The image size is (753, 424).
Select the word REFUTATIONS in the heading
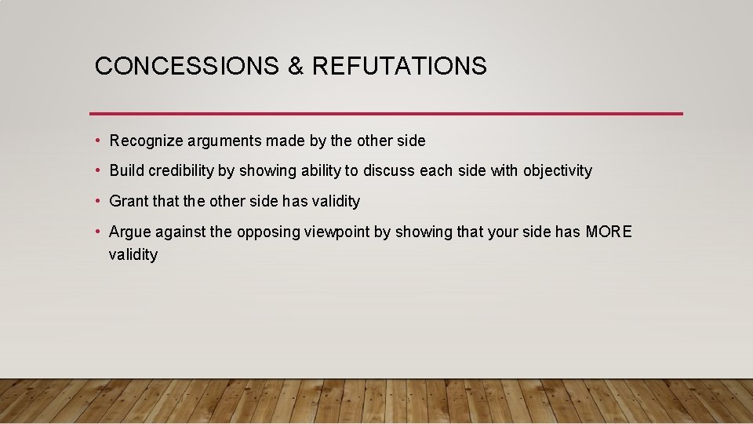click(399, 66)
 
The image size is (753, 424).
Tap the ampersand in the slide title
click(295, 66)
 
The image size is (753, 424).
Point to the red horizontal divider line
click(386, 114)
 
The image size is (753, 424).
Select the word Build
click(126, 171)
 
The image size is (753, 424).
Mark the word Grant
click(129, 202)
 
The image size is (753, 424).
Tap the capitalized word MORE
click(609, 232)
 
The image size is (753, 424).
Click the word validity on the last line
click(133, 255)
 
